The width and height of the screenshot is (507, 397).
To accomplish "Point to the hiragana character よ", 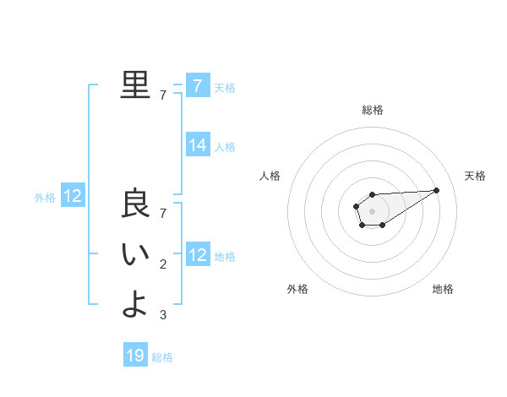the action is point(135,304).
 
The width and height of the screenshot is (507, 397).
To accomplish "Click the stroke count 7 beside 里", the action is point(163,95).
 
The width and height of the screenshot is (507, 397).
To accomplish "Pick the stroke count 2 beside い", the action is point(163,265).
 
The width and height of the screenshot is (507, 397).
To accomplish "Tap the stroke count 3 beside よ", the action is point(163,315).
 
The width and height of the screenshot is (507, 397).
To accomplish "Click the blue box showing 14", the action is point(198,145).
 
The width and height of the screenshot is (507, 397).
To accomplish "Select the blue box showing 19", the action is point(135,356).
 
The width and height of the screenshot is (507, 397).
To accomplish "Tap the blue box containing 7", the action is point(198,85).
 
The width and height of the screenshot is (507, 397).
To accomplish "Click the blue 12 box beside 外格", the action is point(73,197).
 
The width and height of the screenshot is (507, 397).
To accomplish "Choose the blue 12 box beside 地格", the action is point(198,255).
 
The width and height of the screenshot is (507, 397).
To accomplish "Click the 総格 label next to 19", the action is point(162,356).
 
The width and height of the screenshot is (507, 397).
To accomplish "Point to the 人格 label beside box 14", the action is point(225,146).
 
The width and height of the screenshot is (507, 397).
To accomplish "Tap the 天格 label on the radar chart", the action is point(475,176).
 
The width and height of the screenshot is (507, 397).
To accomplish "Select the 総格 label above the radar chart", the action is point(372,110).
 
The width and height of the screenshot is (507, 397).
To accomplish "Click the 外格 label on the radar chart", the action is point(297,289).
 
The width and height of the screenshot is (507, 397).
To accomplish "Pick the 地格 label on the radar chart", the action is point(443,289).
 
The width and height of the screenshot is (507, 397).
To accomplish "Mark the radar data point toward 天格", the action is point(437,190).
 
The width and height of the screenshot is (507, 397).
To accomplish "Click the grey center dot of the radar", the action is point(372,211).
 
